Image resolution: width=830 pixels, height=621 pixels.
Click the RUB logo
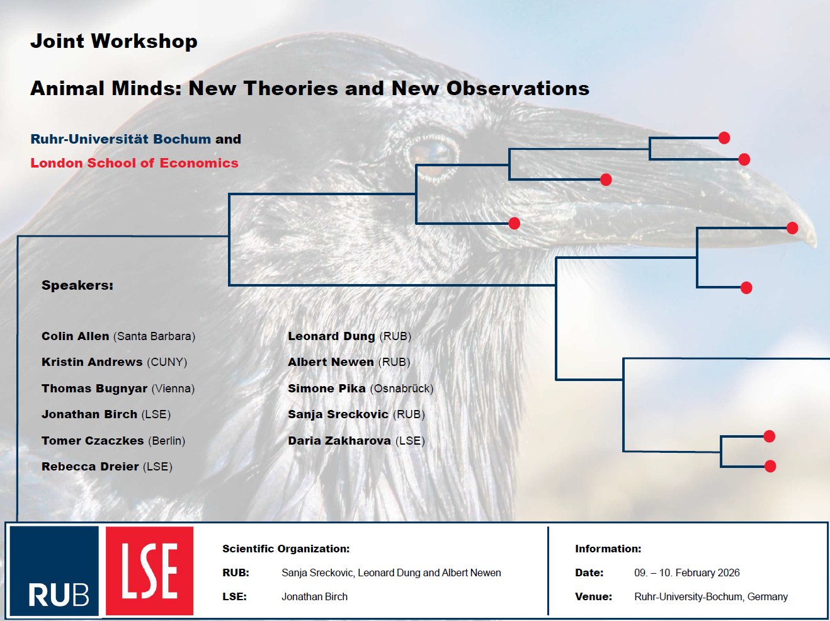click(54, 571)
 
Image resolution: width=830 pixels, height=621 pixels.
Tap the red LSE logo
click(149, 571)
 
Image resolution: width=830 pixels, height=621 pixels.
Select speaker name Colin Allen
click(76, 336)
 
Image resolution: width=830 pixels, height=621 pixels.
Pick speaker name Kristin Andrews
click(92, 362)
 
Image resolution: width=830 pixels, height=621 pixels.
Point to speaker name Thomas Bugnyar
click(94, 389)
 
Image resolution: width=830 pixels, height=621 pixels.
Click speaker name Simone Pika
click(327, 389)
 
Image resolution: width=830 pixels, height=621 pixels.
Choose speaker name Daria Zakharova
click(339, 441)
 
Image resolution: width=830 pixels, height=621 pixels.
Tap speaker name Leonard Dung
click(331, 336)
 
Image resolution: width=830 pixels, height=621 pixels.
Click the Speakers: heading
click(77, 285)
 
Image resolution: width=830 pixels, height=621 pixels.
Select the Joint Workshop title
click(114, 41)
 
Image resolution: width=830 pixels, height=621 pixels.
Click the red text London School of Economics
click(134, 163)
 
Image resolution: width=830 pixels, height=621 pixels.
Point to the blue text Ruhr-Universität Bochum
click(121, 139)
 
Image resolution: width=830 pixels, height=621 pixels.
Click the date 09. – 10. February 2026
click(686, 573)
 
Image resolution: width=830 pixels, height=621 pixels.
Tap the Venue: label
click(593, 596)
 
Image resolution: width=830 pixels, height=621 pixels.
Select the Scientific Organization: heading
click(286, 549)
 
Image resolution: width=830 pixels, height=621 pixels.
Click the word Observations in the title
click(518, 88)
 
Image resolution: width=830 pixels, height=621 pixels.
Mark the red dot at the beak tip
click(792, 228)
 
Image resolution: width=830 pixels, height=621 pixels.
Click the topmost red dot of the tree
click(724, 138)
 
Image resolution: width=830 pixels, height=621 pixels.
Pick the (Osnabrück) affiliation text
click(402, 389)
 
